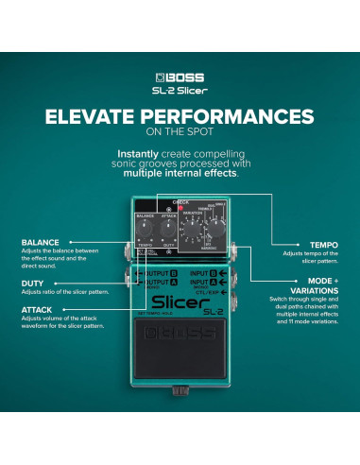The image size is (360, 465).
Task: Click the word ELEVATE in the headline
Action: (x=91, y=116)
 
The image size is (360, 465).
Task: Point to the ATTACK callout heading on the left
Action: (x=37, y=308)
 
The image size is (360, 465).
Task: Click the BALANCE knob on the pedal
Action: (x=145, y=226)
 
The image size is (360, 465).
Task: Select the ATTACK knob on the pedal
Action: (x=169, y=226)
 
